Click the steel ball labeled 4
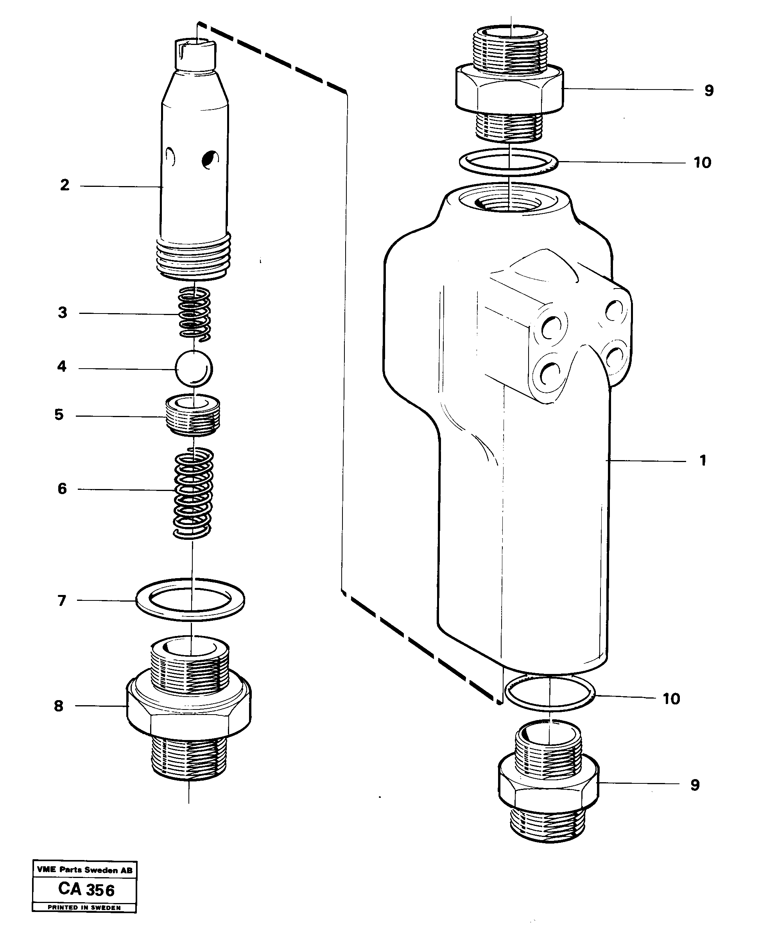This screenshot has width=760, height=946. (194, 368)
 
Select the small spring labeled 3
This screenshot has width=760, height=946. (194, 313)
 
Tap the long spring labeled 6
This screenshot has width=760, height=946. (193, 492)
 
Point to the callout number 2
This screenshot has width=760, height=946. (65, 185)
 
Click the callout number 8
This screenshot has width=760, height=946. (59, 706)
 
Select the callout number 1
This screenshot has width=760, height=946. (703, 461)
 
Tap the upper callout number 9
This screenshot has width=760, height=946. (709, 90)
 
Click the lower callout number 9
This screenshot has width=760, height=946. (695, 785)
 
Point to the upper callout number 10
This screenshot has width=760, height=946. (702, 163)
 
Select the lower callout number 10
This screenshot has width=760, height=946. (671, 699)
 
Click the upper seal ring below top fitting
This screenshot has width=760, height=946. (509, 162)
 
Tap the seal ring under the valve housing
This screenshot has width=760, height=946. (550, 693)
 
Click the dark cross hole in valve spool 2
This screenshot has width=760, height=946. (210, 160)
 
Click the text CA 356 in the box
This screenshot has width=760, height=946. (86, 889)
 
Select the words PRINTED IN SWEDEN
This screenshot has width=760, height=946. (84, 907)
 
